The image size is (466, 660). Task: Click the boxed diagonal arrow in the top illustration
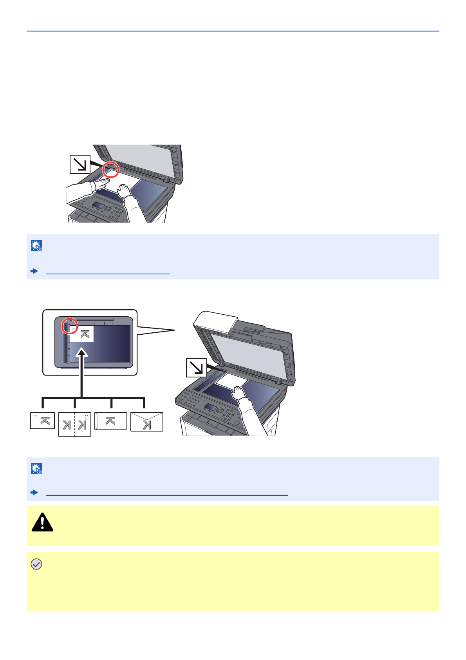[80, 164]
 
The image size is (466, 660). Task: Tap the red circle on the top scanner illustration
[110, 169]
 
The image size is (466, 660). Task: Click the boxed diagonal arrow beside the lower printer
[196, 368]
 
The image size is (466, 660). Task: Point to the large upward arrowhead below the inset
[82, 354]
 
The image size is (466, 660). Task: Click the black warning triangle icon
[42, 522]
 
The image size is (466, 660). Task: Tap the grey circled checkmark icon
[36, 564]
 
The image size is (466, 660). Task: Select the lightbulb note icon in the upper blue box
[36, 246]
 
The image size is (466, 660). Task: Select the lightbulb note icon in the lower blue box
[36, 469]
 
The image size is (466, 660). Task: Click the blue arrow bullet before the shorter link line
[34, 271]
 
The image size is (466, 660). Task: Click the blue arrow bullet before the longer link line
[34, 492]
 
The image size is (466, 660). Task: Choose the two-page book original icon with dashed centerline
[74, 424]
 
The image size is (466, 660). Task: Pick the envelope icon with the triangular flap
[147, 422]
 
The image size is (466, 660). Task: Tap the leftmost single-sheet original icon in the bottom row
[43, 421]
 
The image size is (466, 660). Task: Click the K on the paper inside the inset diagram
[85, 334]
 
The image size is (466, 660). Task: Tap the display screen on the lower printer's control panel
[210, 408]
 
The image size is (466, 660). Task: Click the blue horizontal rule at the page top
[233, 31]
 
